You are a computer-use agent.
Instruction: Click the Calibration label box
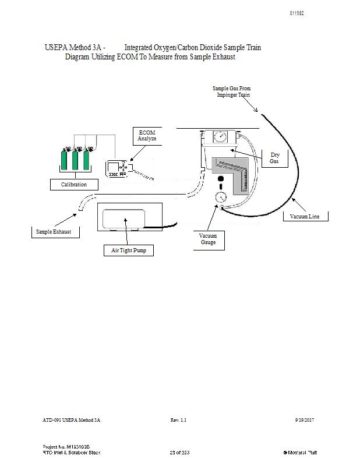[x=74, y=185]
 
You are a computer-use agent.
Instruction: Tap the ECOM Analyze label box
[x=147, y=136]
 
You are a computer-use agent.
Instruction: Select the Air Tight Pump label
[x=129, y=250]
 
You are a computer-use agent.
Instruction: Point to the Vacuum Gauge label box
[x=208, y=239]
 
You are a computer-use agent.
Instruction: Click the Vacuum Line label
[x=309, y=217]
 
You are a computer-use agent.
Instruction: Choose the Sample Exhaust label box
[x=54, y=232]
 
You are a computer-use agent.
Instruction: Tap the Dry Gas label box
[x=274, y=158]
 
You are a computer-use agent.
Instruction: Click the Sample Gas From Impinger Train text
[x=231, y=91]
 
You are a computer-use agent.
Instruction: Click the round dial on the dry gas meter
[x=220, y=137]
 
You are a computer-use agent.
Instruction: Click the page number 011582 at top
[x=297, y=13]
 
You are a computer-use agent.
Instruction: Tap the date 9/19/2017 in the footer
[x=306, y=420]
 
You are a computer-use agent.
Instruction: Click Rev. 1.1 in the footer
[x=178, y=420]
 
